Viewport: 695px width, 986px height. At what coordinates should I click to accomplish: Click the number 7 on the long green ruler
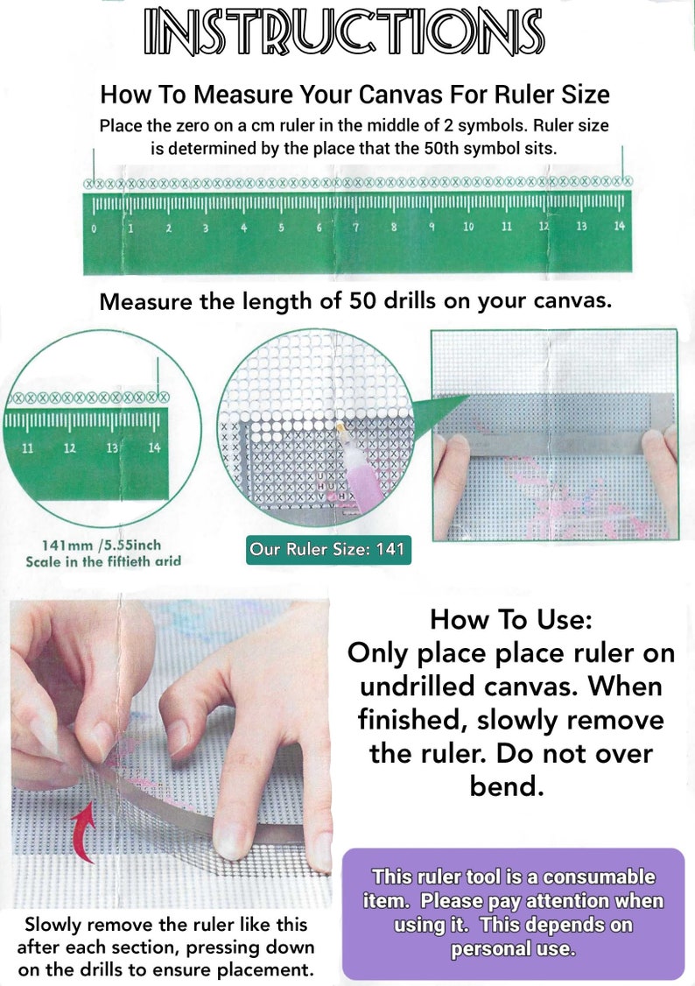(356, 228)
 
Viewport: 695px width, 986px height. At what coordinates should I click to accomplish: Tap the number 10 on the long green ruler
(468, 228)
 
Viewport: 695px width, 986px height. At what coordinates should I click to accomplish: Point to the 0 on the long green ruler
(94, 229)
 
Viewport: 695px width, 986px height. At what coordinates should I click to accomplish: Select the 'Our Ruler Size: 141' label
(326, 550)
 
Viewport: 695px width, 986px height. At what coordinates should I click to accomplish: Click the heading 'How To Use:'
(511, 620)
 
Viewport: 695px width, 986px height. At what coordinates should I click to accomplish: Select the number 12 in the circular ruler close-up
(70, 448)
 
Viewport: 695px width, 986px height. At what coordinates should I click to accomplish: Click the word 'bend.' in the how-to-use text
(503, 785)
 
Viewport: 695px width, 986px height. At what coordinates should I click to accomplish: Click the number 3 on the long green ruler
(206, 229)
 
